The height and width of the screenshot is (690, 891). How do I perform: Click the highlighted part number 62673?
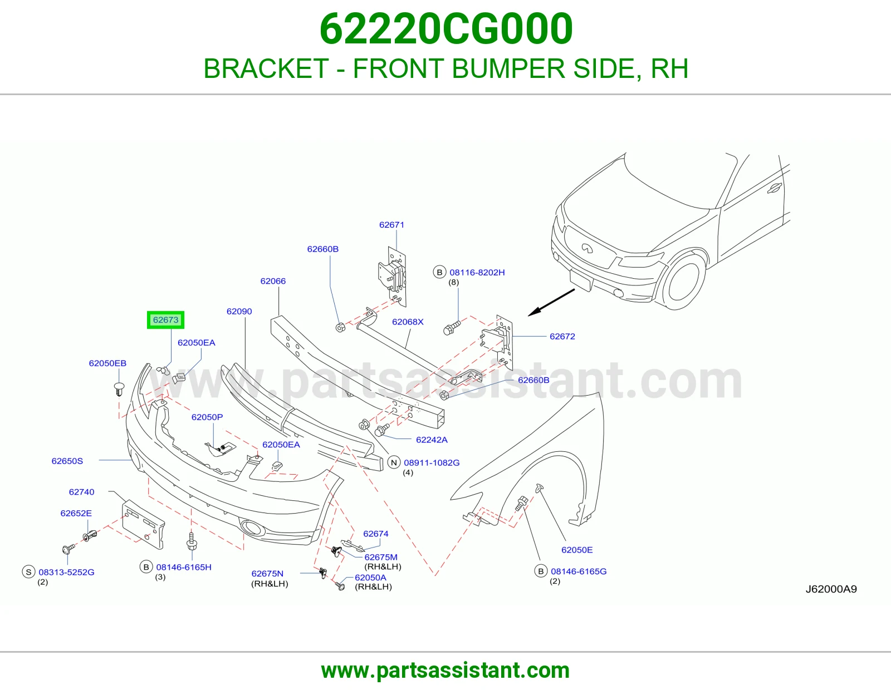(165, 319)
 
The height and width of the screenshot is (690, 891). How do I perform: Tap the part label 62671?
(391, 225)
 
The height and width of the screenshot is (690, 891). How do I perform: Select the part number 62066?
(273, 281)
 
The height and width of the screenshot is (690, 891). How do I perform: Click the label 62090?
(239, 312)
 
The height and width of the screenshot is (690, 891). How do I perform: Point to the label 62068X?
(408, 322)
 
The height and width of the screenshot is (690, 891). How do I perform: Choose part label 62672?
(562, 337)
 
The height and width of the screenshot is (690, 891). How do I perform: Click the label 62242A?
(432, 440)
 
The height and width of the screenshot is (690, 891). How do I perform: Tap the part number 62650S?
(67, 461)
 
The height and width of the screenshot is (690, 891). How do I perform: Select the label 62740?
(82, 492)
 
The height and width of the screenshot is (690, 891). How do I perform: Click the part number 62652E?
(76, 513)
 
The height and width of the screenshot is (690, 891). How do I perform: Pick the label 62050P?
(207, 417)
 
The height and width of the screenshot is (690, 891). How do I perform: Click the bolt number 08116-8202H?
(477, 273)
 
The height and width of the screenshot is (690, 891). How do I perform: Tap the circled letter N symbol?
(394, 462)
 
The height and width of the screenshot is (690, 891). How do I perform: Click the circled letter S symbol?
(28, 572)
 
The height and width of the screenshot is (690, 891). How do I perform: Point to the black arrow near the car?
(551, 302)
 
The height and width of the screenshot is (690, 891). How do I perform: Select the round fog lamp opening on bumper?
(253, 528)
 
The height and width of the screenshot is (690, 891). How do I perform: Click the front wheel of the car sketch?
(683, 282)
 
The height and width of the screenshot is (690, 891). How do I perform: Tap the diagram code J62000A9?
(831, 589)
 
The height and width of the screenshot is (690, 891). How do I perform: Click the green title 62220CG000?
(445, 29)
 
